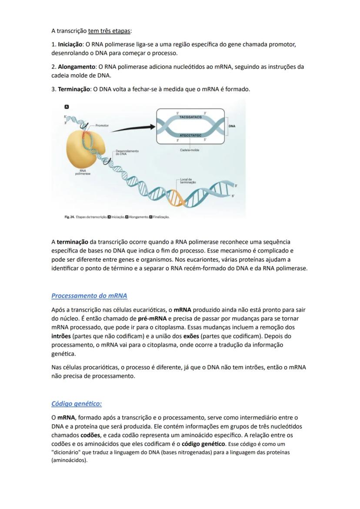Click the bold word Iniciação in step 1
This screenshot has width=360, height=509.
[x=70, y=44]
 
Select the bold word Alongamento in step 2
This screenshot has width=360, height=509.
[x=77, y=67]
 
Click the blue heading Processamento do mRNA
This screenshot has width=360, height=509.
[x=89, y=296]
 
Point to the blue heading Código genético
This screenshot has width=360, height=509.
[x=77, y=403]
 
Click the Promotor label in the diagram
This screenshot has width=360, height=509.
[x=102, y=125]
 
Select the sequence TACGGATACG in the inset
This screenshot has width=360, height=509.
[x=190, y=117]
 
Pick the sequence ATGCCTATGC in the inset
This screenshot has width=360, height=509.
[x=190, y=136]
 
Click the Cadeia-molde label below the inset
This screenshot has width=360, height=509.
[x=190, y=150]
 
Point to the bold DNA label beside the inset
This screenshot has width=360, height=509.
[x=232, y=126]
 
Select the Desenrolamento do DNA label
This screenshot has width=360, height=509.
[x=127, y=152]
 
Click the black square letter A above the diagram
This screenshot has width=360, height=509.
[x=67, y=106]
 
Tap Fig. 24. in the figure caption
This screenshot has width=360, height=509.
[x=69, y=216]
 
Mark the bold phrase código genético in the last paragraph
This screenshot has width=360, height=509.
[x=203, y=444]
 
